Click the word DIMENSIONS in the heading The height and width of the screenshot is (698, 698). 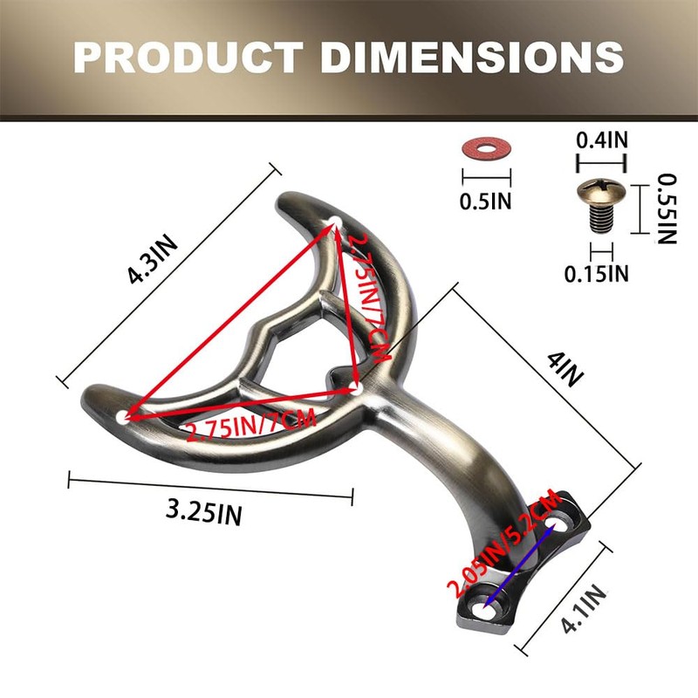click(x=472, y=57)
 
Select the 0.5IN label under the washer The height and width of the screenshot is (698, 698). click(x=486, y=202)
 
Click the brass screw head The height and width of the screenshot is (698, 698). click(x=601, y=190)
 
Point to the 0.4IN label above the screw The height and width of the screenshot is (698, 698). click(x=602, y=140)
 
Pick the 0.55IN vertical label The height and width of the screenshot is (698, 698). click(x=667, y=209)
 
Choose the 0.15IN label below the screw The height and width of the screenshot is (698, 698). click(x=597, y=273)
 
